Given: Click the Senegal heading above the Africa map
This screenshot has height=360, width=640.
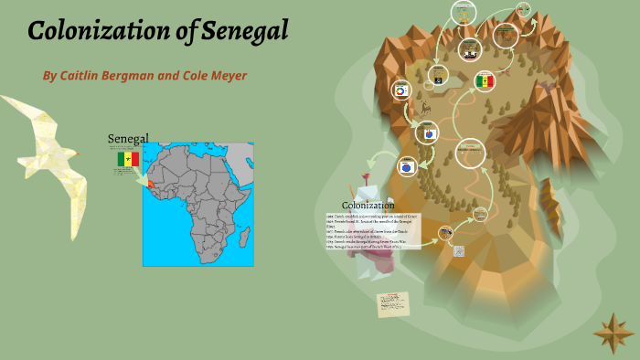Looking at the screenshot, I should [128, 138].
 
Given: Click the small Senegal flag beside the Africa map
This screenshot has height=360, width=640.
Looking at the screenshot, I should [127, 160].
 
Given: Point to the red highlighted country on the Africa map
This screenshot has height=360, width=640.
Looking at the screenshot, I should [149, 181].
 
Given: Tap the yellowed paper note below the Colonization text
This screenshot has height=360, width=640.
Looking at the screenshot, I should [393, 303].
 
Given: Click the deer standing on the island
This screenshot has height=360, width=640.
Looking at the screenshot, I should [426, 110].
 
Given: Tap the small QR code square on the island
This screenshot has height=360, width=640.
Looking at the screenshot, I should [459, 250].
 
